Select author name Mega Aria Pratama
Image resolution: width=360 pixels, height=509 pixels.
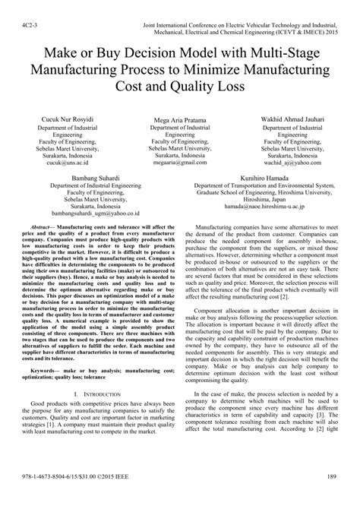point(178,121)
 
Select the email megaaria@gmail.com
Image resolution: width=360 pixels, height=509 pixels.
point(178,163)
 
